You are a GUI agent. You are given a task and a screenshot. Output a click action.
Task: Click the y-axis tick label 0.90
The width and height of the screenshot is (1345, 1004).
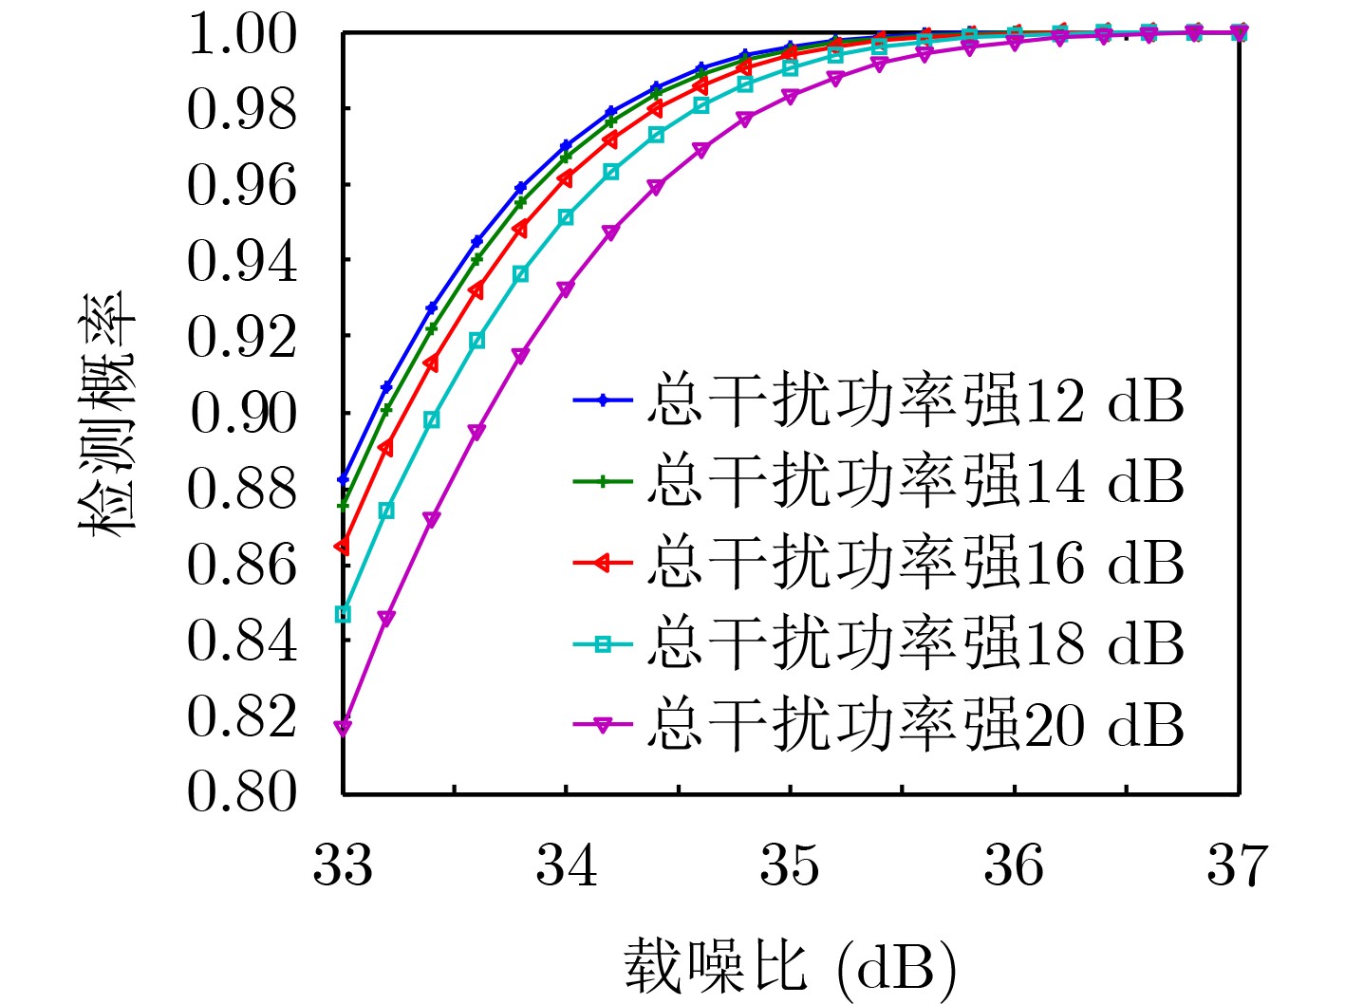pos(243,413)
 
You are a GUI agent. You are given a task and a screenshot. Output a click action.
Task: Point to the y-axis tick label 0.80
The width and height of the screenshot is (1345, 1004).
pos(243,791)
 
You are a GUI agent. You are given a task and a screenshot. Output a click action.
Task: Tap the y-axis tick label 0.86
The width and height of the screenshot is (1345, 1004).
pos(243,565)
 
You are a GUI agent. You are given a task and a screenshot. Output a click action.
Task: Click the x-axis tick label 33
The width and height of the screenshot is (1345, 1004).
pos(343,865)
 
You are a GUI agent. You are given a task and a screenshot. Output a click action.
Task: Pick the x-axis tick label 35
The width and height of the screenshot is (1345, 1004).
pos(790,865)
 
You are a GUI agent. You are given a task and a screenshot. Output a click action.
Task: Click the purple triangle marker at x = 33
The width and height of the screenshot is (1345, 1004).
pos(343,727)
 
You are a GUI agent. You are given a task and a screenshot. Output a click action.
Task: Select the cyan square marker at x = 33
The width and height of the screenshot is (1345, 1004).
pos(343,615)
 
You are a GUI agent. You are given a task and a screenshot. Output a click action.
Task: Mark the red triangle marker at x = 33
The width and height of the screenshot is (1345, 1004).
pos(343,546)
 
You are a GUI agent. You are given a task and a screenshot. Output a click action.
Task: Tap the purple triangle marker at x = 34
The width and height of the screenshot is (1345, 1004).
pos(566,288)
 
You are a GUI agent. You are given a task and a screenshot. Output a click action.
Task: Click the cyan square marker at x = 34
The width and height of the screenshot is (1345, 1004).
pos(566,217)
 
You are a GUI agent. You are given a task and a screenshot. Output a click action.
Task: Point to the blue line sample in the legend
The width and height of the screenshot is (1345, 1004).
pos(603,400)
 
